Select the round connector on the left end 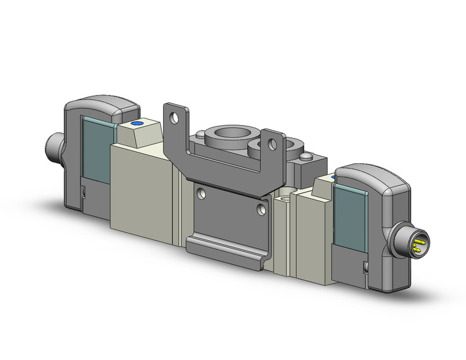[x=53, y=147]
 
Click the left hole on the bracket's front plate [x=200, y=193]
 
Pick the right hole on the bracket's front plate [x=262, y=210]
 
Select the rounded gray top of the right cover [x=368, y=175]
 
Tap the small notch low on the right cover [x=366, y=268]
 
